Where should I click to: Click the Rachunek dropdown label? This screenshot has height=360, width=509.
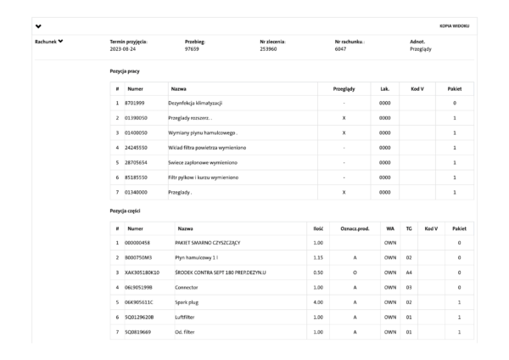[48, 42]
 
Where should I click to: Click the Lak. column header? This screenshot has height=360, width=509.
[384, 87]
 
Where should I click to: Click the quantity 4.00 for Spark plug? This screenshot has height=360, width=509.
[316, 301]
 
